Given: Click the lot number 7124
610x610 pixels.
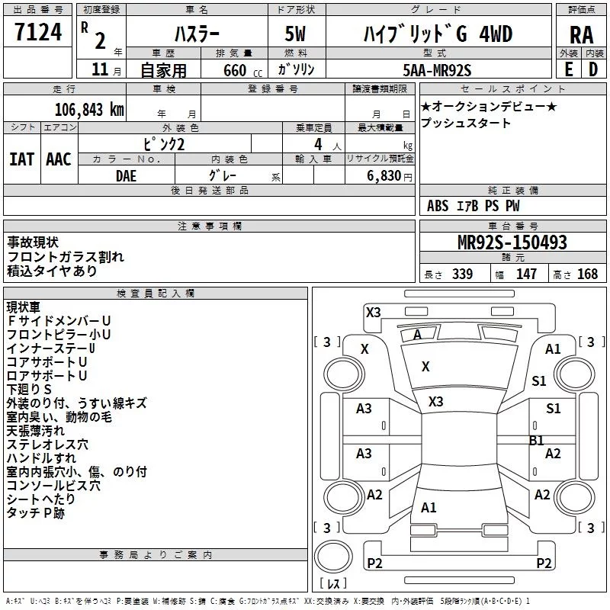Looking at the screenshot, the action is tap(38, 32).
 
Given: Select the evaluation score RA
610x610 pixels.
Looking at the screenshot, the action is tap(581, 35).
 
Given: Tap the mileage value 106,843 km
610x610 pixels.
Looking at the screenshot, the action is tap(89, 110).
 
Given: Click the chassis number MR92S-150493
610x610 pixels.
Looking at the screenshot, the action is tap(512, 242).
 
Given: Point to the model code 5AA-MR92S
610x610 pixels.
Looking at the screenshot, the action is tap(437, 70).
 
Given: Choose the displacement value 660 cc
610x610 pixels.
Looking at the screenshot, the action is tap(242, 70).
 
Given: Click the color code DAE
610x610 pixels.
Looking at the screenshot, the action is tap(126, 176).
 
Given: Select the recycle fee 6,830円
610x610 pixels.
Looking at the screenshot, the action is tap(390, 176).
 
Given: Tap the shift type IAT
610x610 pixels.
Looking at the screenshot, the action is tap(22, 159).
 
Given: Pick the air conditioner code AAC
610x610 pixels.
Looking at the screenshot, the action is tap(59, 159).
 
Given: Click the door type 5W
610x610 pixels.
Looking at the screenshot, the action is tap(295, 34).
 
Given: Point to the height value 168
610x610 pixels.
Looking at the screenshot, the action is tap(587, 274).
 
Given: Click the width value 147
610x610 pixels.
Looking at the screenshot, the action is tap(526, 274).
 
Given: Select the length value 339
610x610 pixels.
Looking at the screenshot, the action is tap(462, 274).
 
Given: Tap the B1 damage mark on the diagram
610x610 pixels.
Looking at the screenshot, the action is tap(537, 441).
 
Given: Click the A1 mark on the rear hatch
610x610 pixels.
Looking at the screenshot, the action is tap(429, 507).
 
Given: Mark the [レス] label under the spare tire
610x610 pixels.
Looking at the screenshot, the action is tap(333, 583).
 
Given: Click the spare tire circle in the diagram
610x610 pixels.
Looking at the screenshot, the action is tap(333, 556).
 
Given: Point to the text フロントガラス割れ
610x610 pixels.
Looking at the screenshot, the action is tap(66, 256).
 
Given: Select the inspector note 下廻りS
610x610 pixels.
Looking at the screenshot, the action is tap(29, 389).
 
